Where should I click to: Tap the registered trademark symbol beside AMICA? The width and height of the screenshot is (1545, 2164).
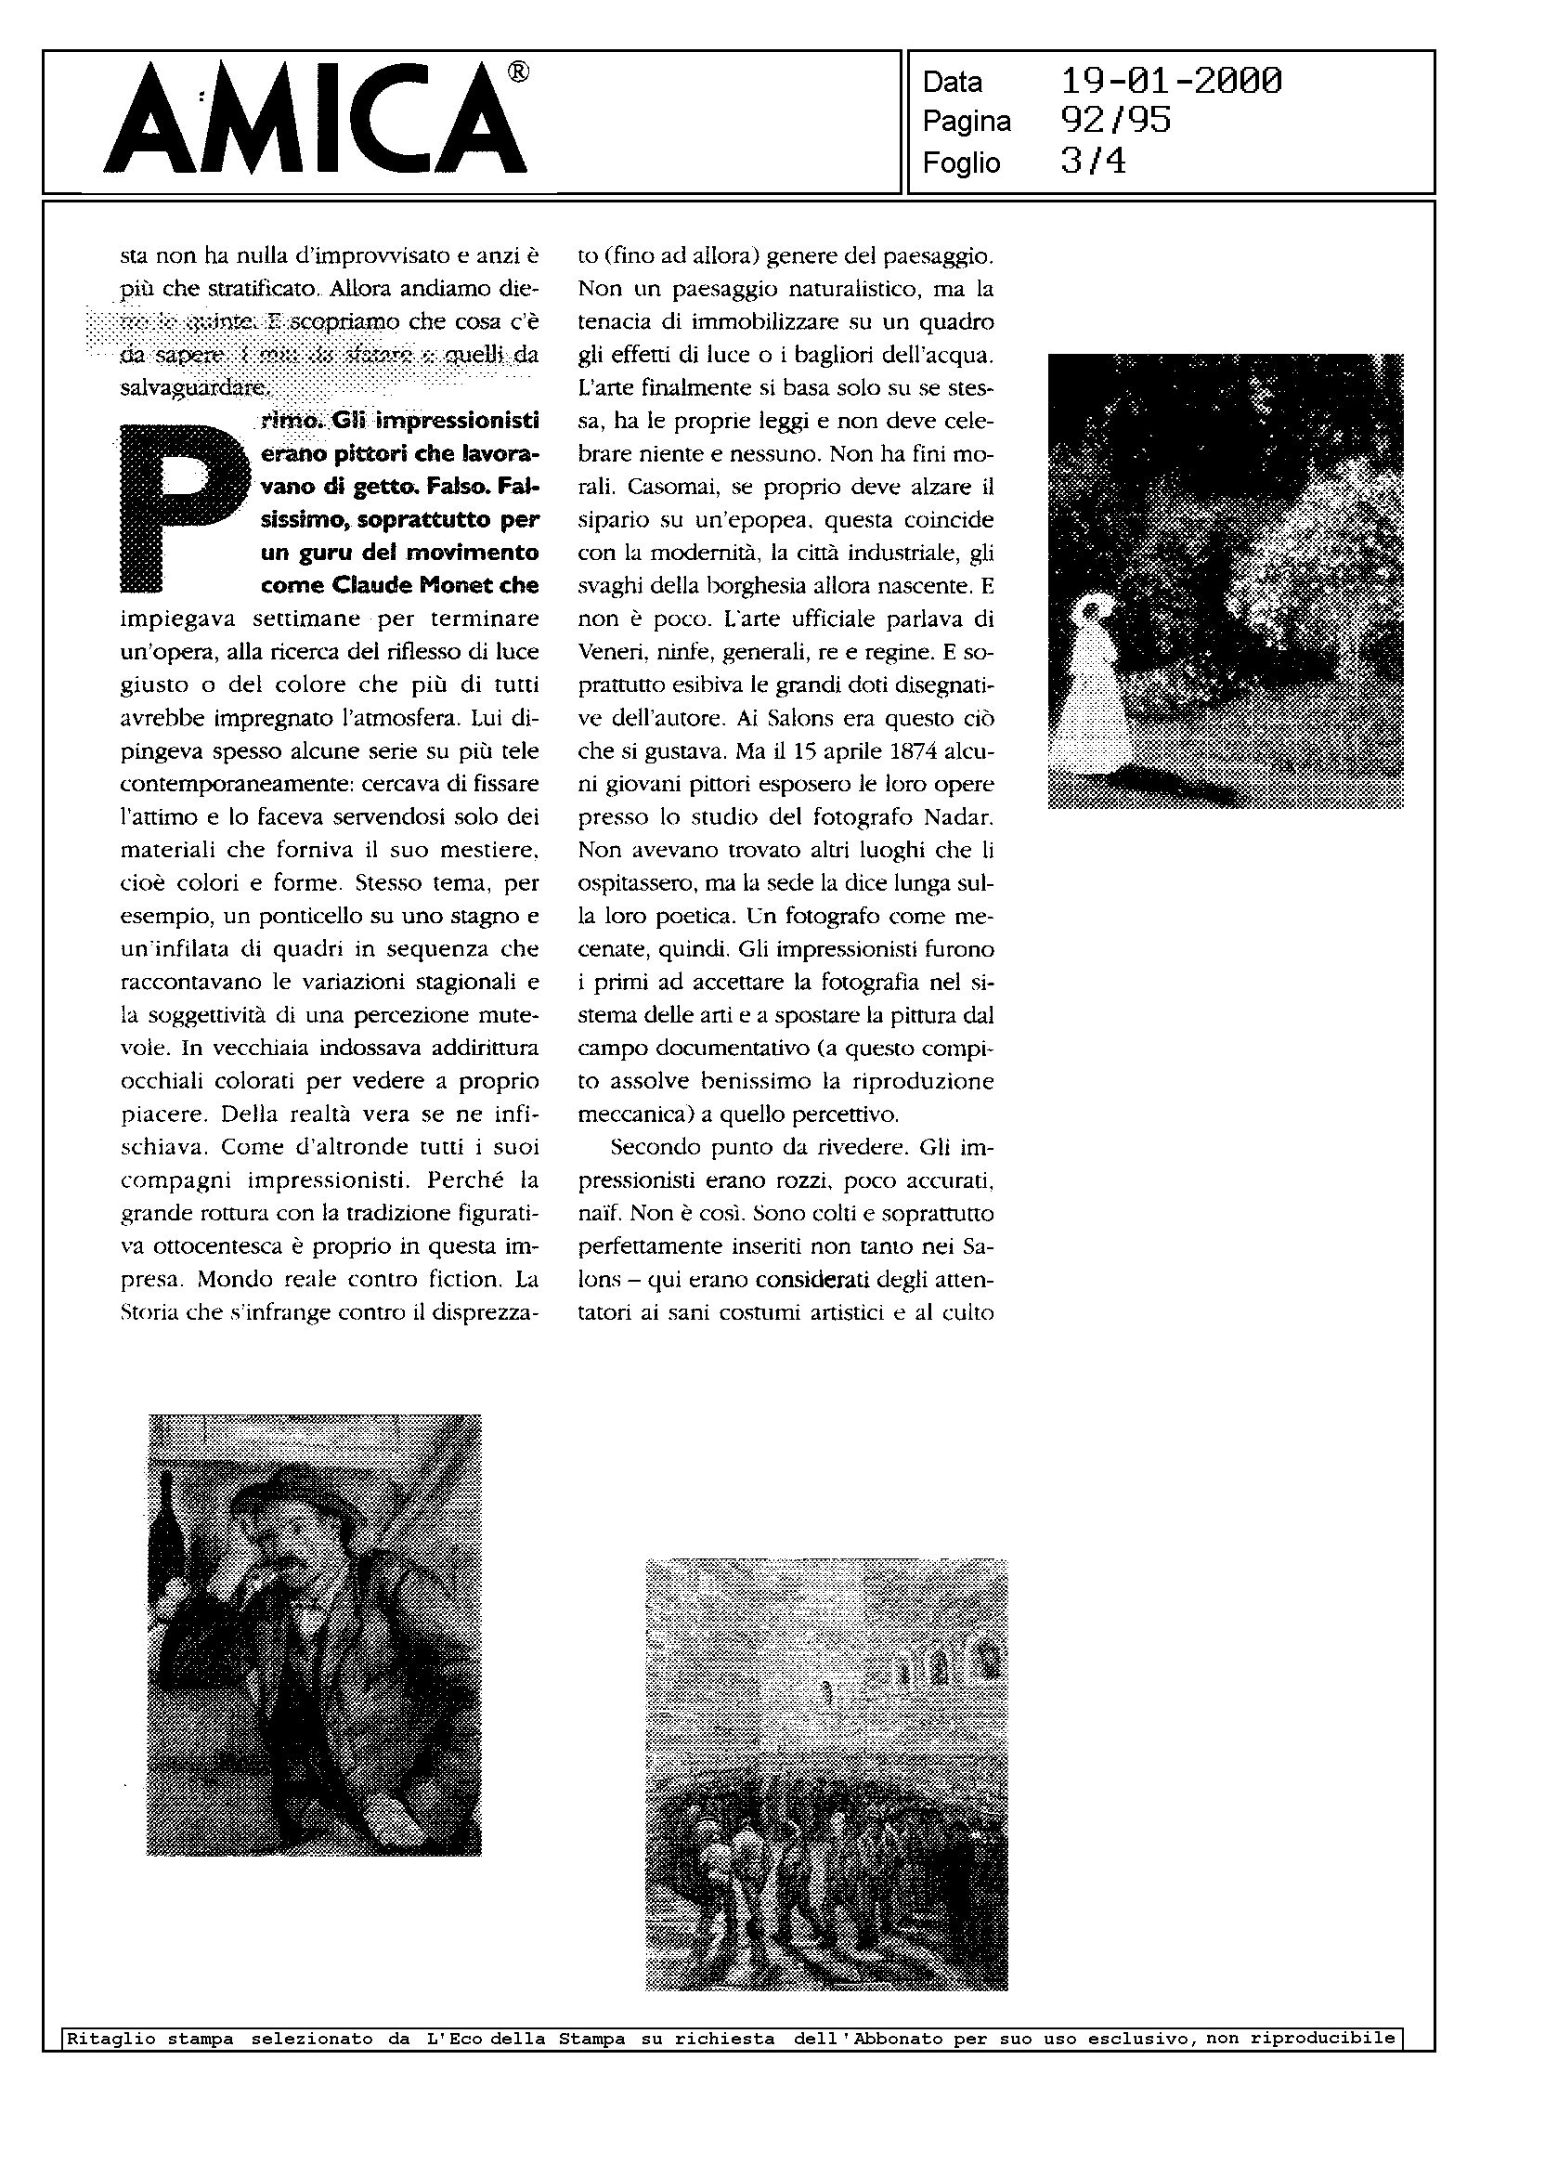point(519,73)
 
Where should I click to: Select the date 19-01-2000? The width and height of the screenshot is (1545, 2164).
point(1171,81)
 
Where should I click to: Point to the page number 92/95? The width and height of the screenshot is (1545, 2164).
point(1115,121)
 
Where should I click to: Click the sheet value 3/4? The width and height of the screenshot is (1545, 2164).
point(1093,161)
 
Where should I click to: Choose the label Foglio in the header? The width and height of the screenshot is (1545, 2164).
point(961,163)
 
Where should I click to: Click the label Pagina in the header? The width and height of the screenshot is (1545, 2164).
point(967,122)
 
